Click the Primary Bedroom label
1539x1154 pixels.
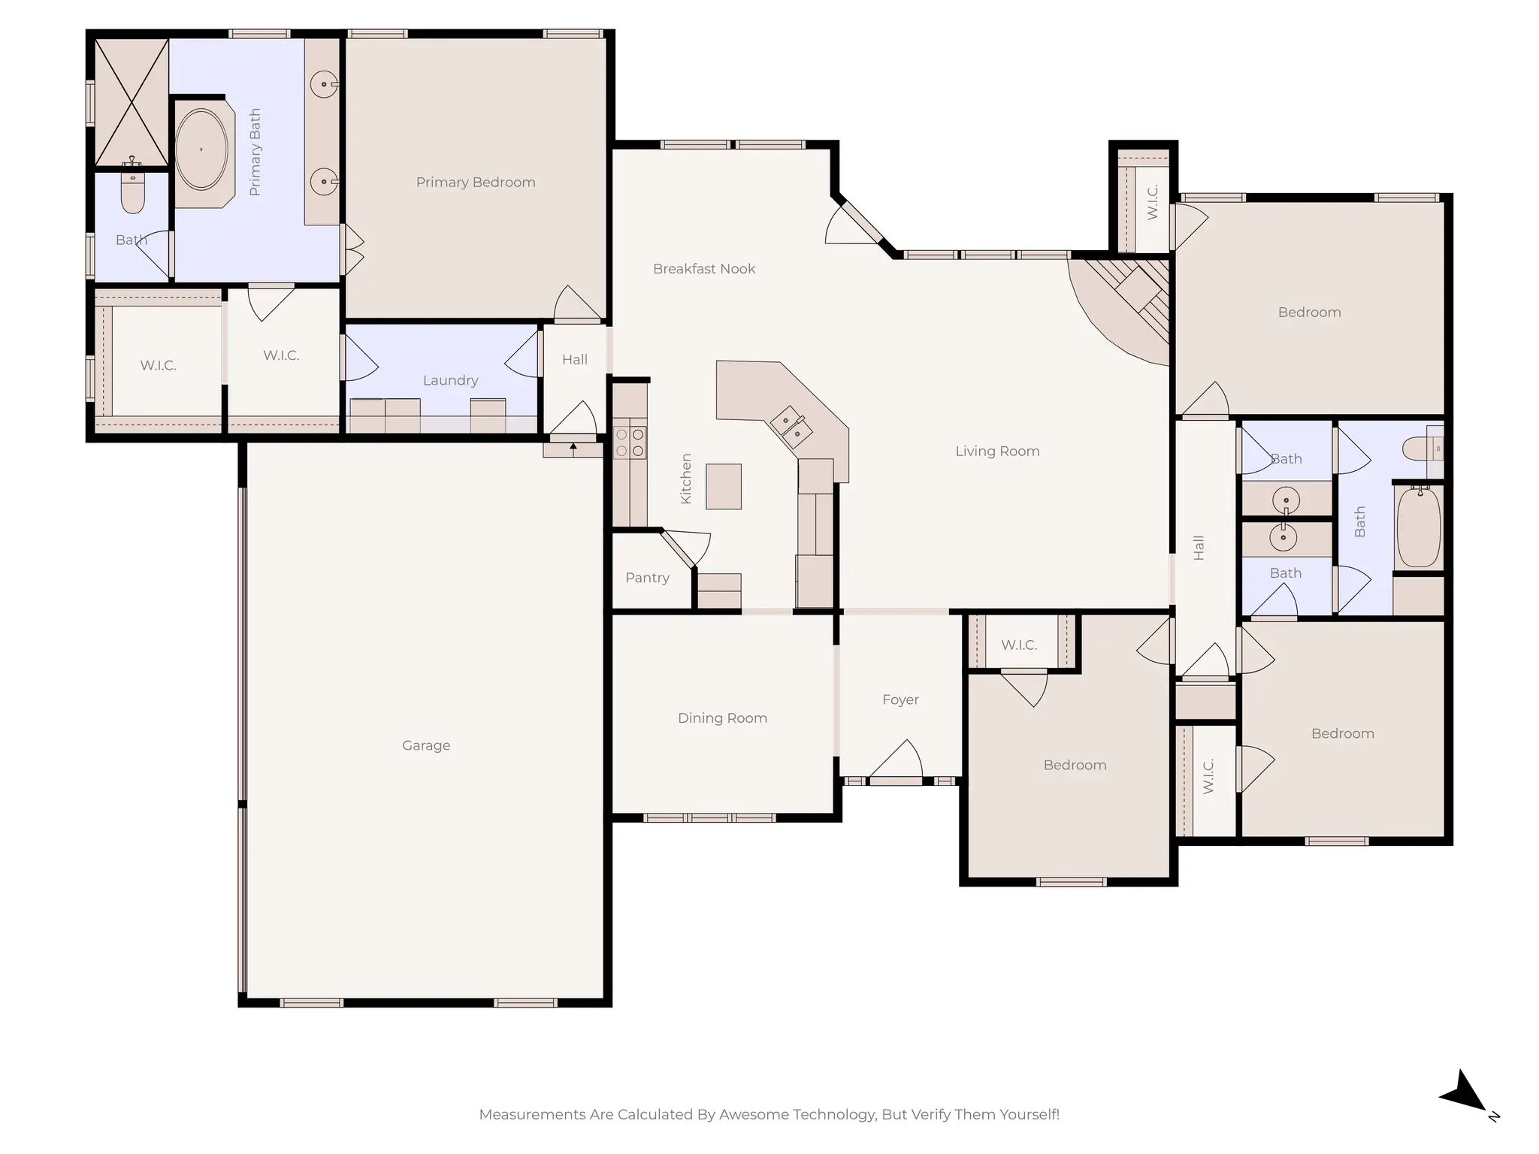coord(476,183)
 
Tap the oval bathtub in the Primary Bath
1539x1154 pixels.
coord(201,150)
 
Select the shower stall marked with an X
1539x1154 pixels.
coord(132,102)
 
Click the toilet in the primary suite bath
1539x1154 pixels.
coord(133,195)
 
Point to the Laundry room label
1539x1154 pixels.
coord(450,381)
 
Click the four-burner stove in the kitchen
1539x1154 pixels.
coord(630,443)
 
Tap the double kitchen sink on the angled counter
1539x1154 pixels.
coord(791,427)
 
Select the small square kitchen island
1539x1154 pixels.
coord(724,486)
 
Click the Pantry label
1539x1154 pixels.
coord(647,578)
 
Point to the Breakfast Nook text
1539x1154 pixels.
coord(704,269)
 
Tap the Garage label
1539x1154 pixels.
coord(426,745)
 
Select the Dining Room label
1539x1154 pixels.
coord(722,718)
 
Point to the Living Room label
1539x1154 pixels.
coord(997,452)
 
